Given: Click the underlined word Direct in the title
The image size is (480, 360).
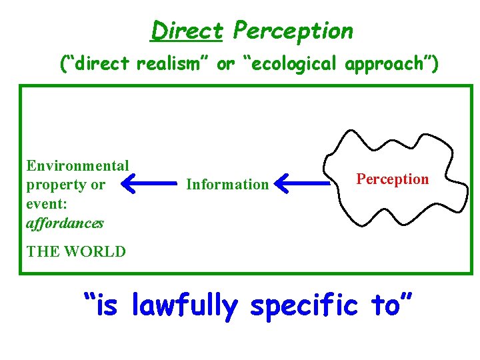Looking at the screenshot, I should [186, 31].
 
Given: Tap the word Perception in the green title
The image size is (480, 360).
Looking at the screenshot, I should [294, 31].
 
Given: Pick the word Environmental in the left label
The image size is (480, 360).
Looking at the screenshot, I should [77, 165].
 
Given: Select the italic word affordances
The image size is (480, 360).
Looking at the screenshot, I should [65, 223].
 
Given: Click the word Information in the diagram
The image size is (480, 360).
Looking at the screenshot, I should [227, 184].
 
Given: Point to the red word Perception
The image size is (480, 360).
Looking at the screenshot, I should [393, 179].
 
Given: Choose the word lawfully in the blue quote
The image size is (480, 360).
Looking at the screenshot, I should [185, 306].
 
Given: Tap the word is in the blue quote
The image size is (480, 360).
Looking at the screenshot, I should [107, 306].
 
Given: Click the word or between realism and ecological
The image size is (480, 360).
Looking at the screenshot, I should [227, 65].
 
